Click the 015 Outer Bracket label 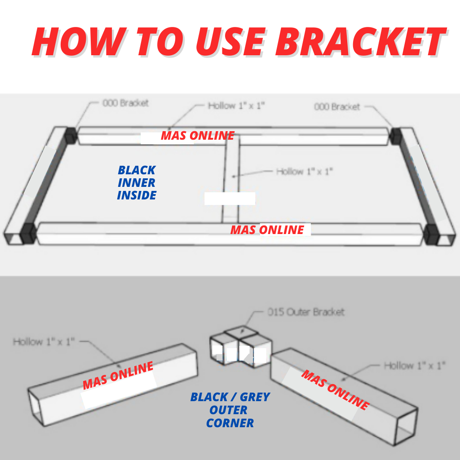(x=306, y=312)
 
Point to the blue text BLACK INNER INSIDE (x=137, y=183)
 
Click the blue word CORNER (x=230, y=423)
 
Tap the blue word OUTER (x=228, y=410)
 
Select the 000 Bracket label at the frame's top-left (x=125, y=103)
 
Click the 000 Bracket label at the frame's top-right (x=337, y=106)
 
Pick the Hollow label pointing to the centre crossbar (x=304, y=171)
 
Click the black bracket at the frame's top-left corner (x=71, y=135)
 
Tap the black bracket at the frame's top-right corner (x=396, y=136)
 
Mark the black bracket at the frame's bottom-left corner (x=27, y=234)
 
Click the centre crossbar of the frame (x=231, y=180)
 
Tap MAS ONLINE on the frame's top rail (x=198, y=135)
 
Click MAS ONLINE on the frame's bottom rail (x=267, y=230)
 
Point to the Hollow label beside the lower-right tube (x=414, y=365)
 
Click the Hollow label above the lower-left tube (x=44, y=342)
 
